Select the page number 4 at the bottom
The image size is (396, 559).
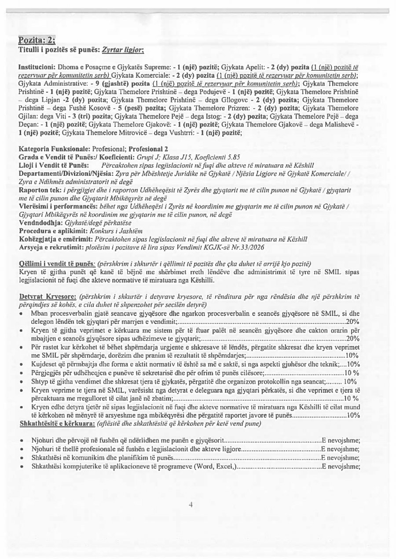pos(191,505)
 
